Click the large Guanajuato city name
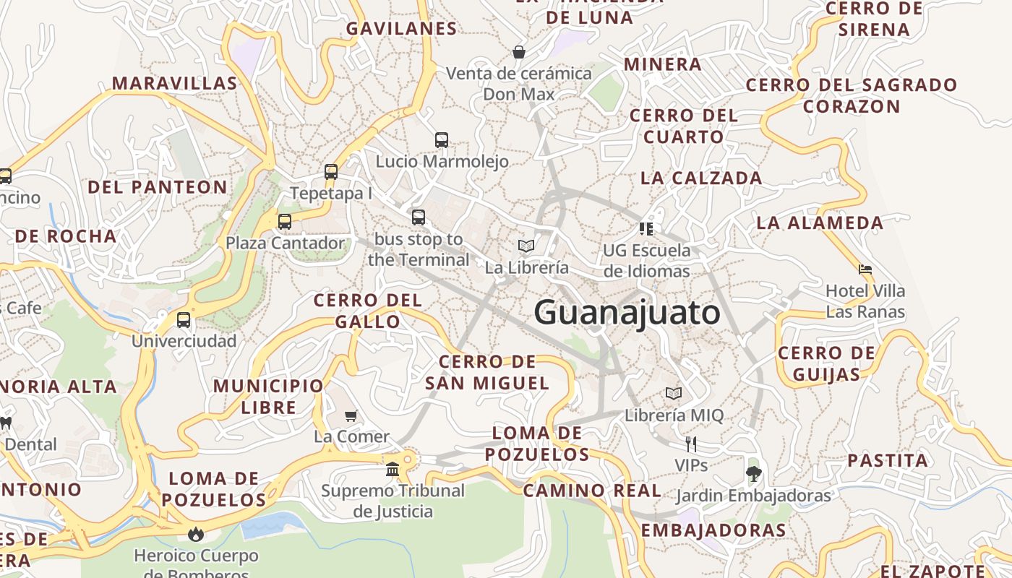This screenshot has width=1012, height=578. (627, 313)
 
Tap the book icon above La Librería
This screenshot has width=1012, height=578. (526, 246)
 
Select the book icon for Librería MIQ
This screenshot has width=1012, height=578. (673, 394)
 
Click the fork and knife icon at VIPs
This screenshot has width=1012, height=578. (691, 444)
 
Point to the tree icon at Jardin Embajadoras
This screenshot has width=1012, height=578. (753, 474)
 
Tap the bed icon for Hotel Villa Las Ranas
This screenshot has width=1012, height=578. (865, 269)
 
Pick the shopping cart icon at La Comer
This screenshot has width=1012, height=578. (351, 415)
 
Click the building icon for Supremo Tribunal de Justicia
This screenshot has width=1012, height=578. (393, 470)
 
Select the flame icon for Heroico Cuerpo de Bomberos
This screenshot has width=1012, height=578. (195, 535)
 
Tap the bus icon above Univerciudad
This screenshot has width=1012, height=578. (184, 319)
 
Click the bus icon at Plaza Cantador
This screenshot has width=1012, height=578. (285, 222)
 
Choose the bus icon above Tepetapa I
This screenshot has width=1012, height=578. (331, 172)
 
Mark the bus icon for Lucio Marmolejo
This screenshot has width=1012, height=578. (442, 140)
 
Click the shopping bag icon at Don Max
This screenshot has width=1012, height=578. (518, 52)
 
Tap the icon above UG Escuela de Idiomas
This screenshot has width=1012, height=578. (646, 229)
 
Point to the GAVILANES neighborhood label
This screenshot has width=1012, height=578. (401, 29)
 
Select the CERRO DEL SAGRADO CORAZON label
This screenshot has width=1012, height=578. (851, 95)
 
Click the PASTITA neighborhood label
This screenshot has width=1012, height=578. (888, 460)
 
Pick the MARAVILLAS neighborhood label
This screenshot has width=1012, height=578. (174, 83)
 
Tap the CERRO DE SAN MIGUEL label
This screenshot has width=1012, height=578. (487, 372)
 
